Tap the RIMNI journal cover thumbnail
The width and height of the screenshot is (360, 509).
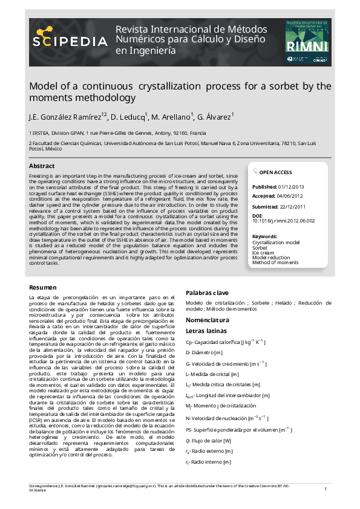(x=308, y=42)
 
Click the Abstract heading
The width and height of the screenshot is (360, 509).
(x=42, y=166)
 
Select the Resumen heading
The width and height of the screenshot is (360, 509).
(x=43, y=287)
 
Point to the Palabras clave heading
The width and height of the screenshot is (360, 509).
(x=207, y=292)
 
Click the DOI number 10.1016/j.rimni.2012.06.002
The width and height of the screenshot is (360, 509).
(x=283, y=221)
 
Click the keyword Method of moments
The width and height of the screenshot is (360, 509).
(x=276, y=262)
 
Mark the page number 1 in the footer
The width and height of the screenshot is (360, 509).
(x=326, y=488)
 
